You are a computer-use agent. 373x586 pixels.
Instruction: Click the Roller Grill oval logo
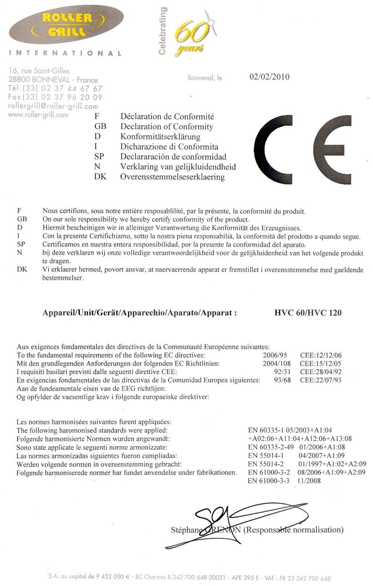click(66, 24)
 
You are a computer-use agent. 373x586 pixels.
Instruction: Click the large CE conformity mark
click(302, 150)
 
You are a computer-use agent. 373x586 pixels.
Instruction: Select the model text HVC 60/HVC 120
click(308, 313)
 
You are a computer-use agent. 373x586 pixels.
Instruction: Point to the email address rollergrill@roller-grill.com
click(53, 106)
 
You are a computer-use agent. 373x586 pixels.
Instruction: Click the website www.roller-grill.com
click(38, 115)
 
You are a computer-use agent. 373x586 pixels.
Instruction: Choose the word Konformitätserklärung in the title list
click(160, 137)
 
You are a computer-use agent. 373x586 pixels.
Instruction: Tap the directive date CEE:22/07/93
click(321, 380)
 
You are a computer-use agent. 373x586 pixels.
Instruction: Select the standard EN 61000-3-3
click(268, 481)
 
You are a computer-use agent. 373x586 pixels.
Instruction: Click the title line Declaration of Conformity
click(166, 127)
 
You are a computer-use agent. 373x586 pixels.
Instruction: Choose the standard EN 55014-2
click(266, 464)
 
